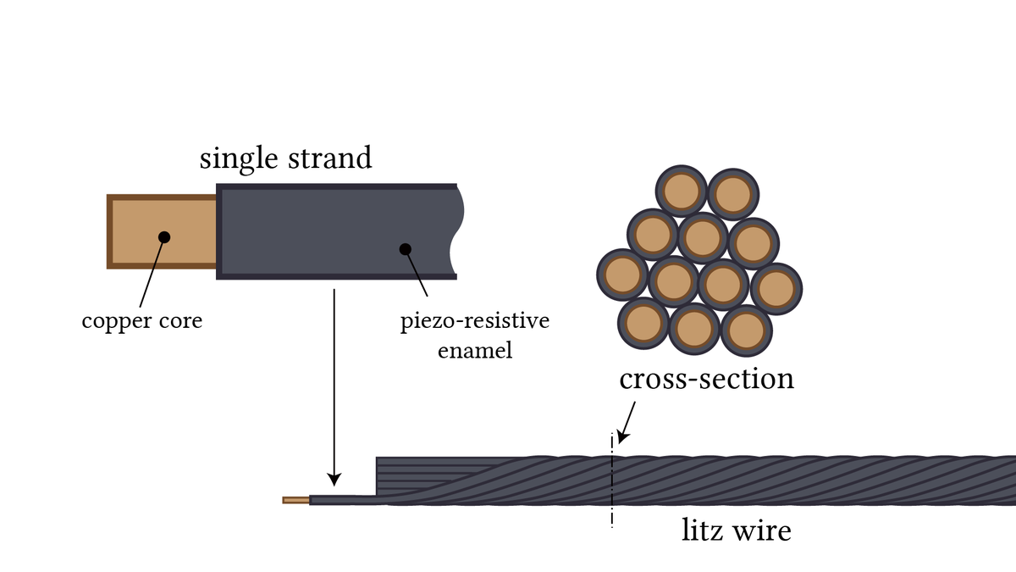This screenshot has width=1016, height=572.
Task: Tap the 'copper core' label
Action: click(142, 321)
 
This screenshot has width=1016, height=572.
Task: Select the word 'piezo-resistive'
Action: click(475, 321)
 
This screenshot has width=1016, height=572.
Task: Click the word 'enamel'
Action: click(475, 351)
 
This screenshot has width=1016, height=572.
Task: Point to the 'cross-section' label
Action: click(707, 379)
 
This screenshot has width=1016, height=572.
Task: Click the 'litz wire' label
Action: click(737, 530)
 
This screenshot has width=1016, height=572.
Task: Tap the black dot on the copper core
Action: click(164, 237)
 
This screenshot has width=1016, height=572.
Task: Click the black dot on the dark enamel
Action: click(405, 249)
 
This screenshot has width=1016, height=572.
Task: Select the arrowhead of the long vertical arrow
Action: click(334, 480)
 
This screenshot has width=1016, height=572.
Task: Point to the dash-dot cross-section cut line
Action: click(612, 480)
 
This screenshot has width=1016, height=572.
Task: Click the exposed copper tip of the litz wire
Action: click(295, 500)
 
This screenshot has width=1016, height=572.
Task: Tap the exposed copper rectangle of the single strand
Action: click(162, 231)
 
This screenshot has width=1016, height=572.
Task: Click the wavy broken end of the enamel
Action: click(457, 231)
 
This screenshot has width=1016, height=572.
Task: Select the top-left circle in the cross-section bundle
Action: click(681, 191)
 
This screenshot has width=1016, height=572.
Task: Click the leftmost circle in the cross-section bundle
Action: click(622, 275)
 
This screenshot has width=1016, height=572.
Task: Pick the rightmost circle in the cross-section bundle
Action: click(776, 289)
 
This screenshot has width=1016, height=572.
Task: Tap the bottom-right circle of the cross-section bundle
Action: click(746, 330)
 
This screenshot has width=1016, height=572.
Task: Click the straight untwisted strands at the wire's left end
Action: click(422, 475)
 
